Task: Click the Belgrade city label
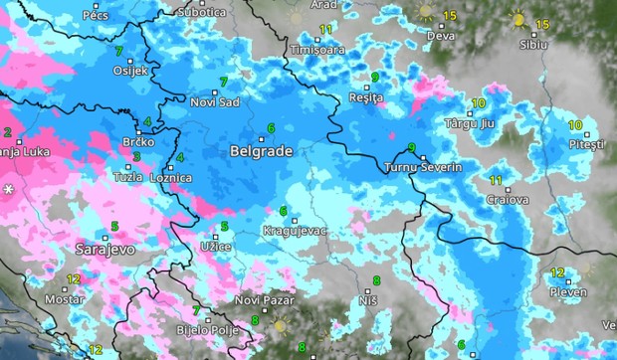(260, 152)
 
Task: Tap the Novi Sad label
(216, 101)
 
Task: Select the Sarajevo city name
(104, 249)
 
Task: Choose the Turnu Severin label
(423, 168)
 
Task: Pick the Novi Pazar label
(264, 300)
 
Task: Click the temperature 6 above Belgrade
(270, 127)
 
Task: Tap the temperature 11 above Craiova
(496, 179)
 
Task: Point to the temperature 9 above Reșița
(374, 77)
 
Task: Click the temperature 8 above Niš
(376, 280)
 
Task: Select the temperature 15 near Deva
(449, 15)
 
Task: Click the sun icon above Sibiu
(517, 18)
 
